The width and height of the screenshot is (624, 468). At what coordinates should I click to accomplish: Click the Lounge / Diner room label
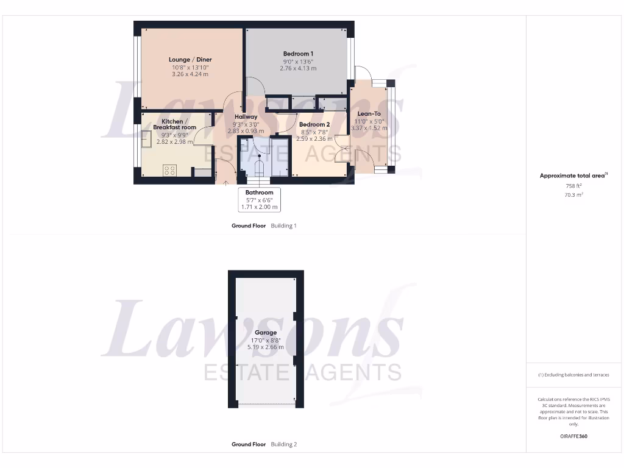point(190,60)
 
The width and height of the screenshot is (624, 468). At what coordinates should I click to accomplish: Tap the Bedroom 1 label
point(298,54)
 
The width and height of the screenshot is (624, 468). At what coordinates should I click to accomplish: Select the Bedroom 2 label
point(314,125)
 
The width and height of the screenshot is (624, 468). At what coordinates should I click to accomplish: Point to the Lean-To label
point(369,114)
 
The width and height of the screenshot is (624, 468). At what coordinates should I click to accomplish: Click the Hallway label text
point(246,116)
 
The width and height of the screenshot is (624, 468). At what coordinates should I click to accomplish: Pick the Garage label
point(266,333)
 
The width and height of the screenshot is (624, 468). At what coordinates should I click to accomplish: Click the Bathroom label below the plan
point(259,193)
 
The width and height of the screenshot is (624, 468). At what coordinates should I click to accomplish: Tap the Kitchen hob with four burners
point(169,171)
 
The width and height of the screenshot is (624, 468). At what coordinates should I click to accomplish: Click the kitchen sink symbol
point(147,139)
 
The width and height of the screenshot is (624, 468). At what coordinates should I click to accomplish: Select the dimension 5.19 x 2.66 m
point(266,347)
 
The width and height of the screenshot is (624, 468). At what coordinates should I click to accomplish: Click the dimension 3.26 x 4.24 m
point(190,74)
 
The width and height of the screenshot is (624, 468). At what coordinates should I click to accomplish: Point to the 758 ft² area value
point(573,186)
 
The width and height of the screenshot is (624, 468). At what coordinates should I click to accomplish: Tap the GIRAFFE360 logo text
point(573,436)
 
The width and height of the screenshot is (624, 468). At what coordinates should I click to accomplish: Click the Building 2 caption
point(284,445)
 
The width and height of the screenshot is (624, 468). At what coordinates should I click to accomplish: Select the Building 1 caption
point(284,226)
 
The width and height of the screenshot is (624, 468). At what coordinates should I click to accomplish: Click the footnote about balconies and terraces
point(573,375)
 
